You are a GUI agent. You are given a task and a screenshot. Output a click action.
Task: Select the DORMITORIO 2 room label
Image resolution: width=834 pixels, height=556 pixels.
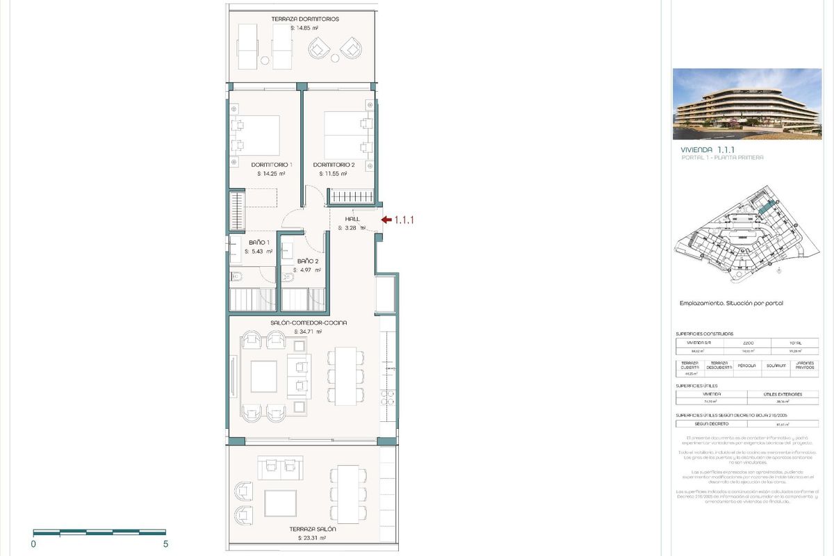[334, 165]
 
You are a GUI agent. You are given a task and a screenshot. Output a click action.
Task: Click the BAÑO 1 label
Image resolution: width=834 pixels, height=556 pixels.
[259, 243]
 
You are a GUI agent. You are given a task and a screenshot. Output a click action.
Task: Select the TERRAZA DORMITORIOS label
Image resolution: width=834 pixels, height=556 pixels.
[305, 19]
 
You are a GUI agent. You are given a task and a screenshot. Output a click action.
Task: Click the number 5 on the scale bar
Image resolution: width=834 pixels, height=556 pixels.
[165, 544]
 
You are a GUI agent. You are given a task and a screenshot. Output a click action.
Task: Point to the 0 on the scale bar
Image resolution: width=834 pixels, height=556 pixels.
[33, 544]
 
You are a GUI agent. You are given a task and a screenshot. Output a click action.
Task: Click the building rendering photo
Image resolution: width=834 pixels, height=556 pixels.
[746, 104]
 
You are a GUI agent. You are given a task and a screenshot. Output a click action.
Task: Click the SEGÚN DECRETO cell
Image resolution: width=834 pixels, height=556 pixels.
[710, 423]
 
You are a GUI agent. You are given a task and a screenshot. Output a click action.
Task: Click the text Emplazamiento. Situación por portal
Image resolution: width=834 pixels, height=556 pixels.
[726, 304]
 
